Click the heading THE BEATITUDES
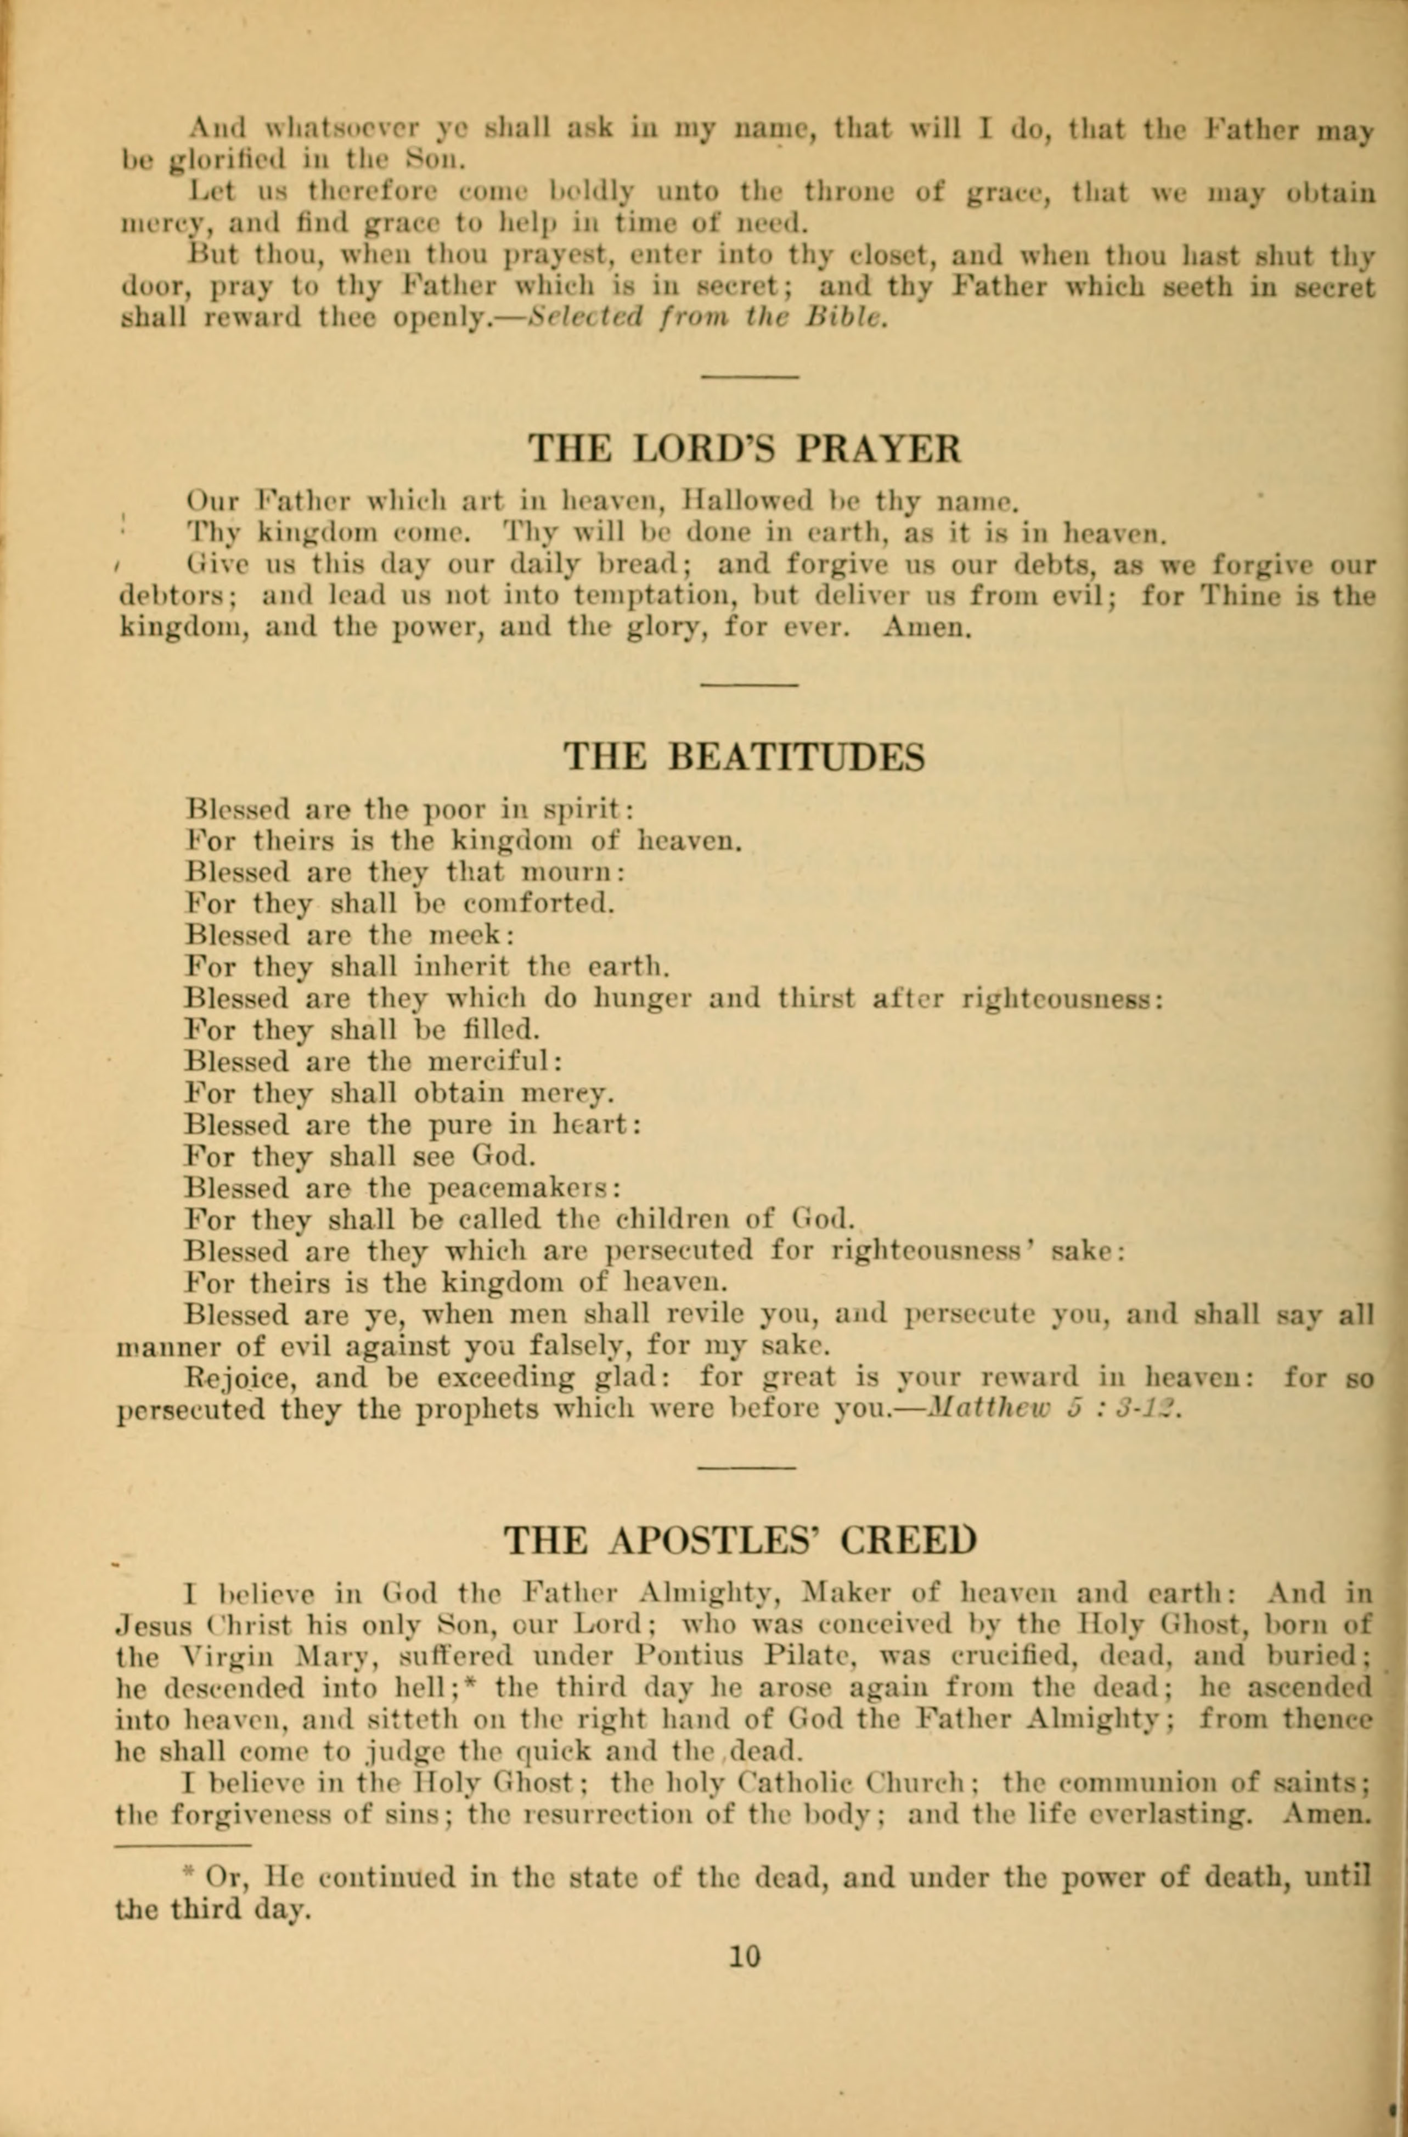(x=745, y=757)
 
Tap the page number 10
(x=745, y=1956)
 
